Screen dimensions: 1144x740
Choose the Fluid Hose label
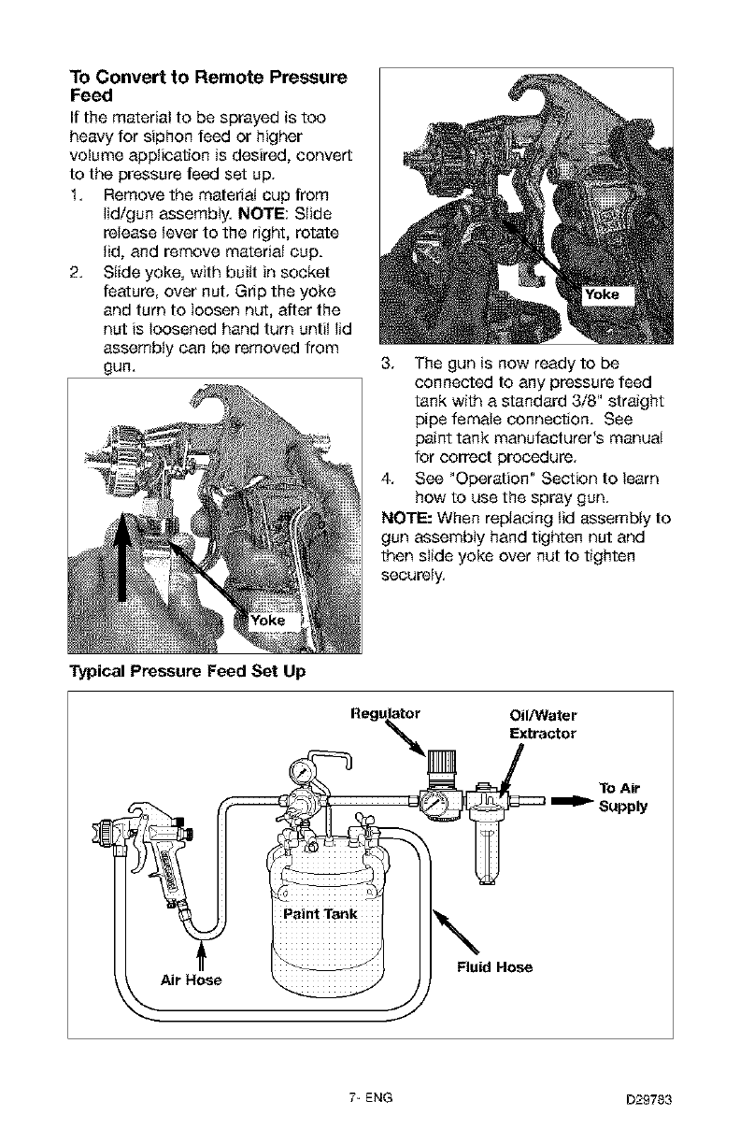pos(494,967)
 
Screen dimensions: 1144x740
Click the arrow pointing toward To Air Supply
pos(572,800)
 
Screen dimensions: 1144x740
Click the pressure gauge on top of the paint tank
pos(302,771)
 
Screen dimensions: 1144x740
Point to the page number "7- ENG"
pos(369,1098)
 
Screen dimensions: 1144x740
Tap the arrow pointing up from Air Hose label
pos(200,956)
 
